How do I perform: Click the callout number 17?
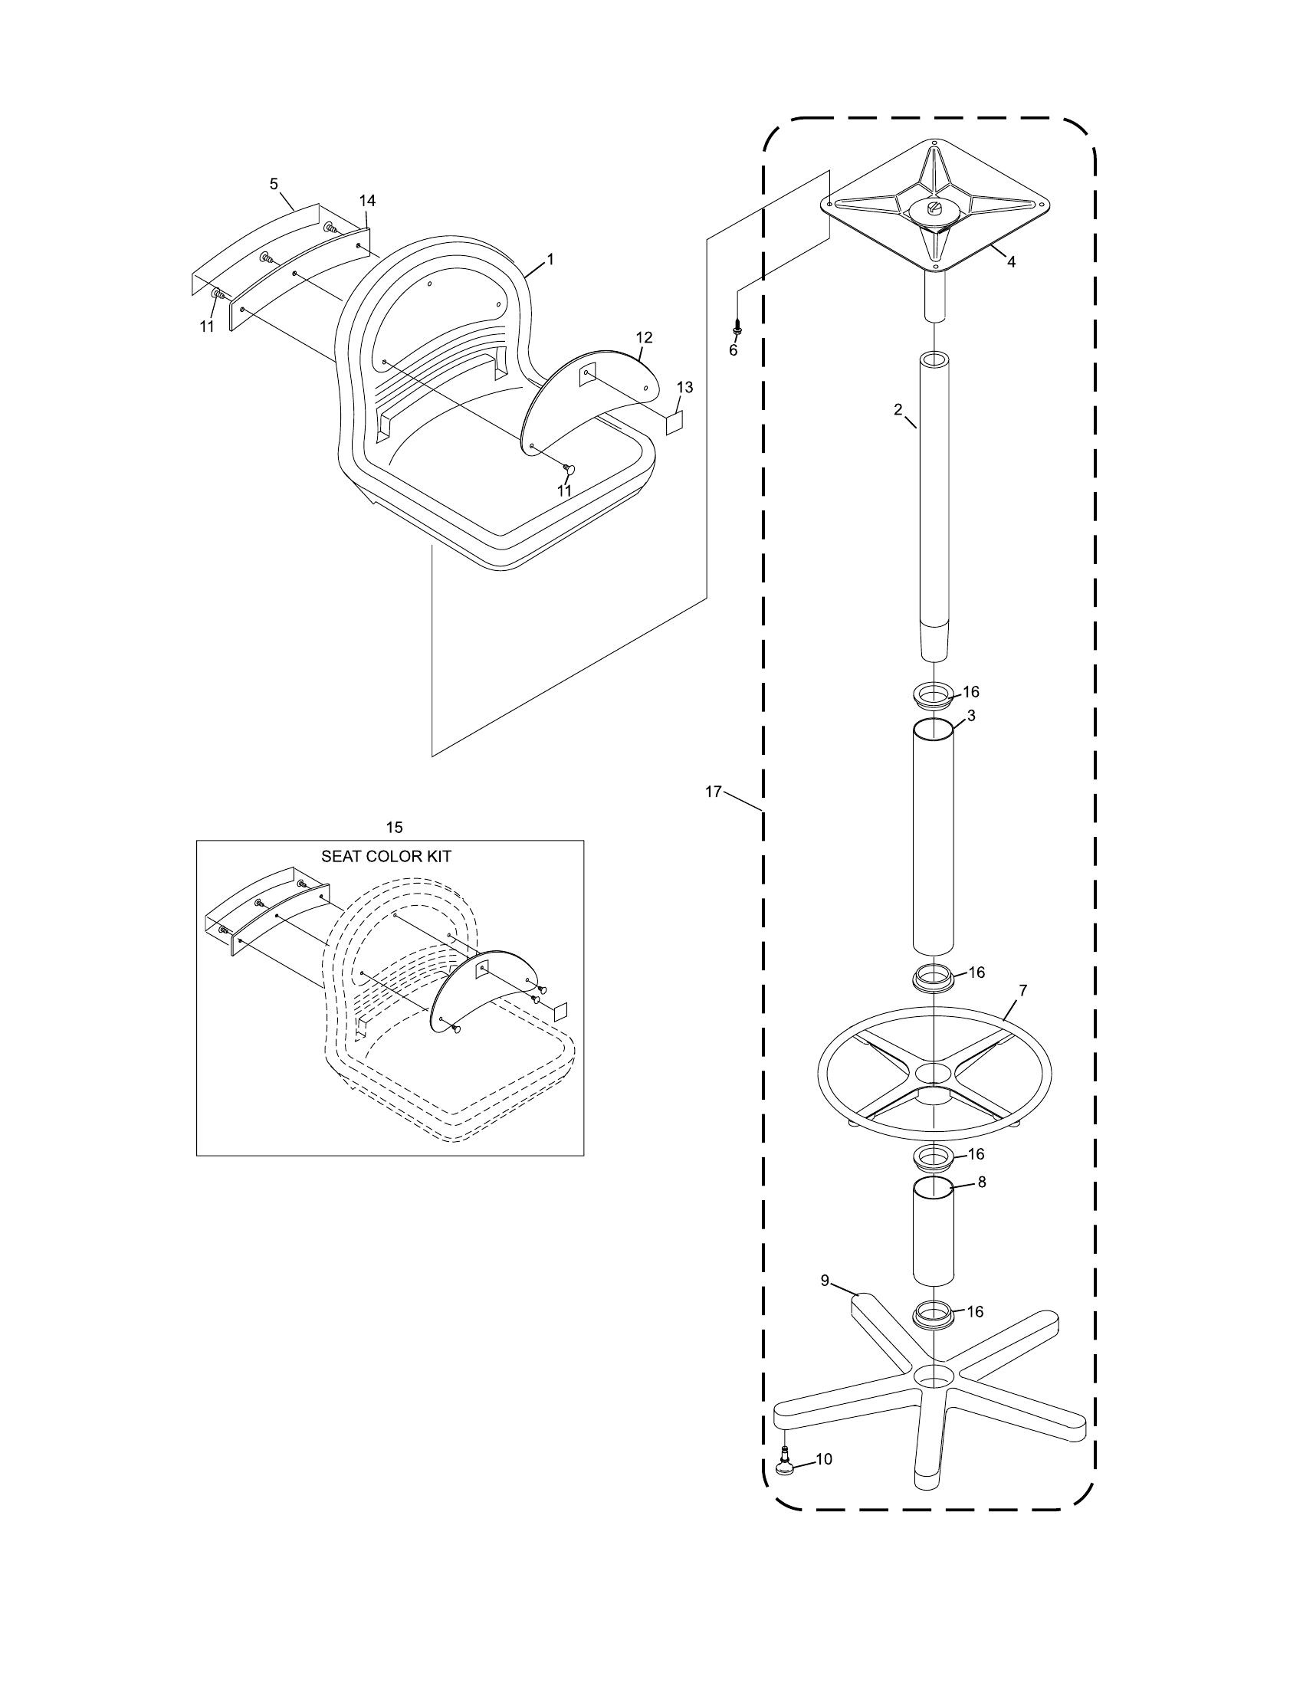point(713,792)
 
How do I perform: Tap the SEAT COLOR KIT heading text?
point(386,856)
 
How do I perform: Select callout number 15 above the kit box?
point(394,828)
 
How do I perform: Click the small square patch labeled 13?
point(674,422)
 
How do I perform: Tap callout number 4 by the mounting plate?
point(1010,261)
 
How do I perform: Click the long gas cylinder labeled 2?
point(934,502)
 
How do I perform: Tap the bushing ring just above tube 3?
point(934,692)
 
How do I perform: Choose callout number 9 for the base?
point(825,1281)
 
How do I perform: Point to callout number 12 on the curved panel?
point(644,337)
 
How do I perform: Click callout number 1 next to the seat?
point(550,260)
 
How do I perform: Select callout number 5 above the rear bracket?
point(274,184)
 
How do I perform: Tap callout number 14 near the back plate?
point(367,201)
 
